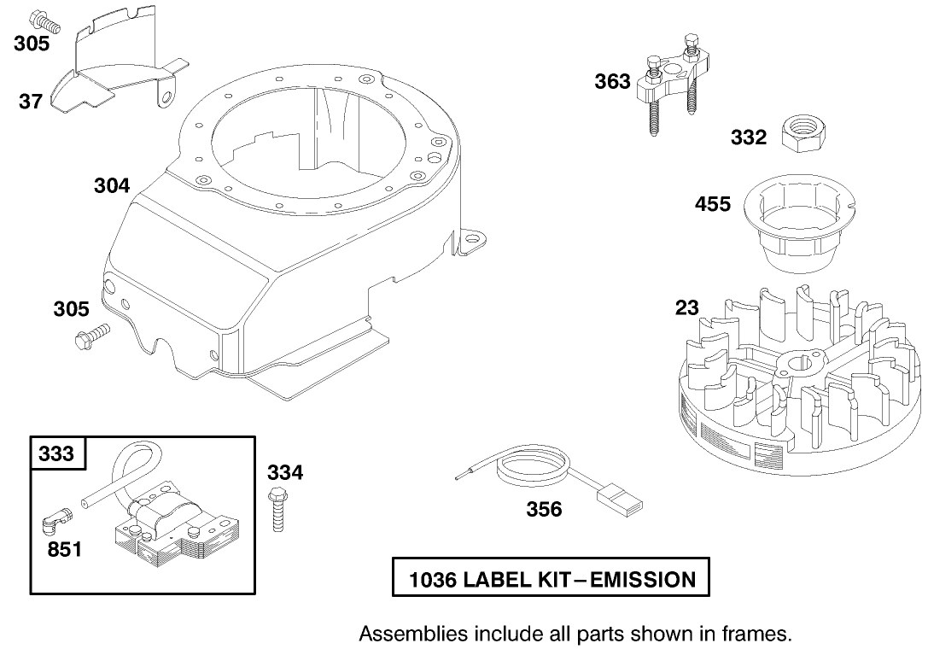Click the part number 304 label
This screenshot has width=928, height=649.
(x=112, y=185)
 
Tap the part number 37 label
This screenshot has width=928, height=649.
(x=31, y=102)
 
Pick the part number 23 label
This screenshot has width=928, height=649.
(x=686, y=308)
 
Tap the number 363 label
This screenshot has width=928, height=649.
(x=613, y=82)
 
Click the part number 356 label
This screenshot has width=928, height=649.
(x=544, y=510)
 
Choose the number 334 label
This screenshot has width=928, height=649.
(x=285, y=472)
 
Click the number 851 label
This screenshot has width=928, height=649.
(x=64, y=549)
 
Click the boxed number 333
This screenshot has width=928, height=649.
(x=56, y=453)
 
